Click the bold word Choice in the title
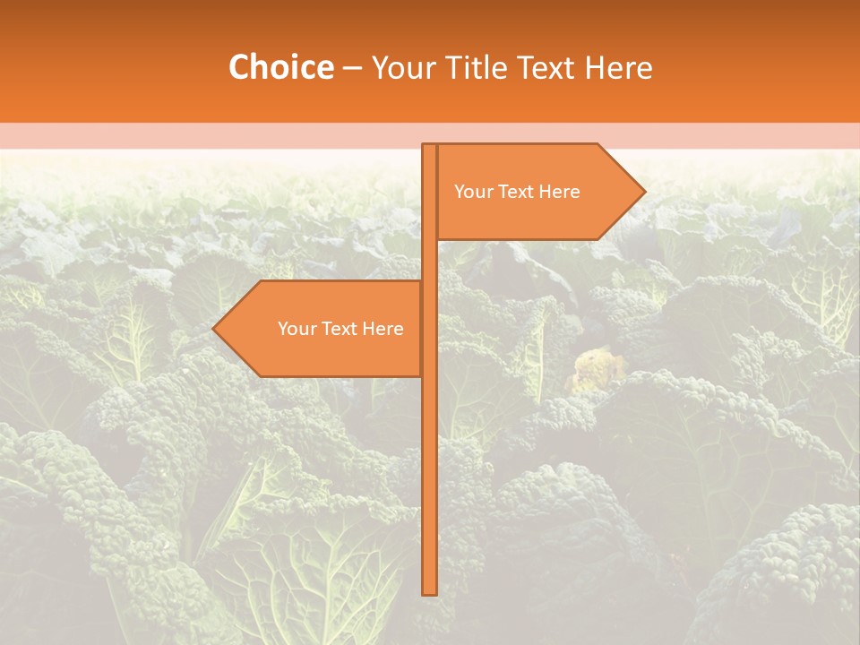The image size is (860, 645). pyautogui.click(x=280, y=68)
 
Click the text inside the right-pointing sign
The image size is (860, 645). pyautogui.click(x=517, y=192)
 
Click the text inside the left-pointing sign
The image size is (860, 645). pyautogui.click(x=340, y=329)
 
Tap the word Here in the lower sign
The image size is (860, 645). pyautogui.click(x=383, y=329)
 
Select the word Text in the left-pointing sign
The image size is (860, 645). pyautogui.click(x=339, y=329)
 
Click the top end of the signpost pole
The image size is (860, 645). pyautogui.click(x=429, y=146)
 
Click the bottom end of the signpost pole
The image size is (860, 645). pyautogui.click(x=429, y=592)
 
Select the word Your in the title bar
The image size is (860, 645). pyautogui.click(x=400, y=68)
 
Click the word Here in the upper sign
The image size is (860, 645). pyautogui.click(x=559, y=192)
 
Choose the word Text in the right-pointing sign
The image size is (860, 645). pyautogui.click(x=515, y=192)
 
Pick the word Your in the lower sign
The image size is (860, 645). pyautogui.click(x=296, y=329)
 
